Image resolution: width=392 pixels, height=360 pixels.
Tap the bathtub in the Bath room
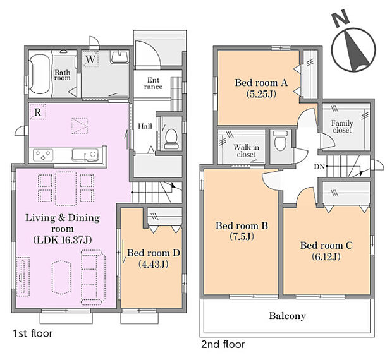[x=40, y=74]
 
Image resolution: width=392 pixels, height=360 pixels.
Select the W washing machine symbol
[x=90, y=59]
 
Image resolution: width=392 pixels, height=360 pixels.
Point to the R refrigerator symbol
[x=37, y=112]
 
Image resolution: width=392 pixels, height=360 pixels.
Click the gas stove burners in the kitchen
[x=43, y=155]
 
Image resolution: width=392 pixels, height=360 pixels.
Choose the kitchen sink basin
[x=85, y=155]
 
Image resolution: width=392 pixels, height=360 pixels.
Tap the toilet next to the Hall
[x=171, y=139]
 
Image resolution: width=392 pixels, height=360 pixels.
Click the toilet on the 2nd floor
[x=280, y=141]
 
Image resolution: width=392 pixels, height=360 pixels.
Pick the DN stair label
[x=319, y=167]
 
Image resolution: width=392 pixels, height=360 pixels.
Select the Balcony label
[x=288, y=316]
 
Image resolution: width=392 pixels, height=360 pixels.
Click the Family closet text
[x=342, y=126]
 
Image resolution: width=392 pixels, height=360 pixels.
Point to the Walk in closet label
[x=246, y=151]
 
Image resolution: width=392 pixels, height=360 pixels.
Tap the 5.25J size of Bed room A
[x=261, y=94]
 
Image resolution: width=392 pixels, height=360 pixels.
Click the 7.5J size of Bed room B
[x=242, y=236]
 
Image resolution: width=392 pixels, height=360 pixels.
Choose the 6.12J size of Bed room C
[x=326, y=256]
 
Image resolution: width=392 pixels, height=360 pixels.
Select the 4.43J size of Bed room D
[x=153, y=264]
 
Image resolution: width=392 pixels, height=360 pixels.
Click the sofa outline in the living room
[x=93, y=277]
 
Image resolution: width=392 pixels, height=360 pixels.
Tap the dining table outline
[x=66, y=188]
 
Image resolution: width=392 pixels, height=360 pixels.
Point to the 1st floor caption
[x=33, y=333]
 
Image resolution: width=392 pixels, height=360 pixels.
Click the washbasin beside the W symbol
[x=119, y=57]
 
